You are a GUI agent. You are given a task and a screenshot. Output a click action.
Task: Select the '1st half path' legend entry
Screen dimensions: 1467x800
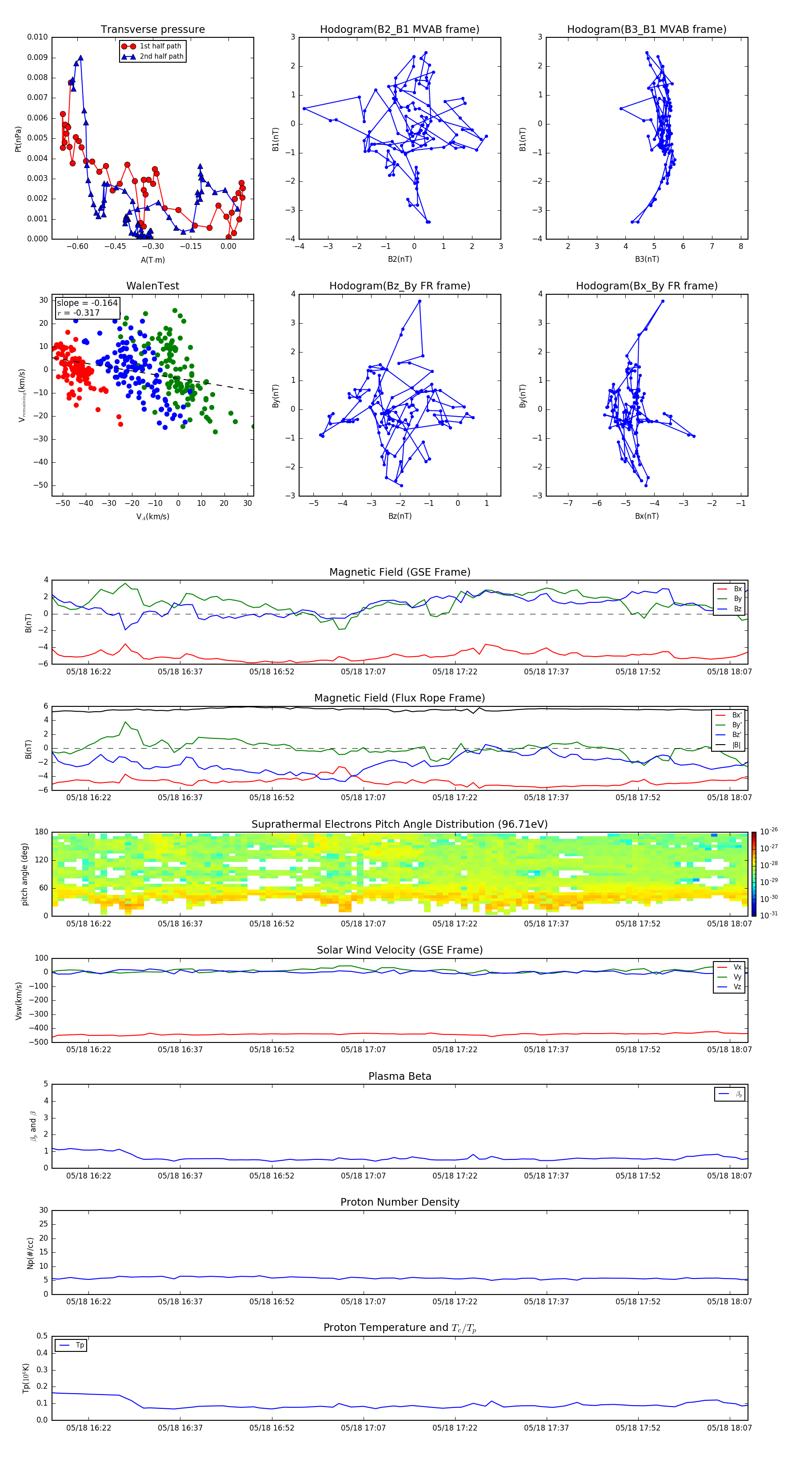pos(160,46)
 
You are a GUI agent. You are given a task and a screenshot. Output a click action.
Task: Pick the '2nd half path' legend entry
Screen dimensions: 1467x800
pos(161,56)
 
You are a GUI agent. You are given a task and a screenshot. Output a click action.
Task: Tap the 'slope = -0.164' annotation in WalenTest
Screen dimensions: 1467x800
pos(87,303)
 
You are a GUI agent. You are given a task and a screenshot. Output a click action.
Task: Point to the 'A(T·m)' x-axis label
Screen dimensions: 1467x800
pos(152,260)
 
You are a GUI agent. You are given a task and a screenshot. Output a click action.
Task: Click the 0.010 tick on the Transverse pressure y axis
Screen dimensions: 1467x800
pos(38,37)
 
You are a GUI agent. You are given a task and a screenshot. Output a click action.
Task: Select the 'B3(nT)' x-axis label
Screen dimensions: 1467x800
pos(647,259)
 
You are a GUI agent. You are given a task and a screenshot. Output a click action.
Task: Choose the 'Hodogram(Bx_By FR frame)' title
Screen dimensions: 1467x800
pos(646,286)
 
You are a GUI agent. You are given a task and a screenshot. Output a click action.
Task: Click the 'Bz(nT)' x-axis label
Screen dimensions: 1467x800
pos(399,516)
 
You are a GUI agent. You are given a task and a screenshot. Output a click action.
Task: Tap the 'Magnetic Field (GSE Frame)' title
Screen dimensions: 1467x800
pos(399,572)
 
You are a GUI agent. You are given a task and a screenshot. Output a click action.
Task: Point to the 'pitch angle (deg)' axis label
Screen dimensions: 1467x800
pos(24,874)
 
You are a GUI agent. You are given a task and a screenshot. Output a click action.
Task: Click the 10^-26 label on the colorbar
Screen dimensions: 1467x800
pos(769,831)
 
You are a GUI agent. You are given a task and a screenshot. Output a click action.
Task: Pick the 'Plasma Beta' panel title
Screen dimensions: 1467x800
pos(399,1076)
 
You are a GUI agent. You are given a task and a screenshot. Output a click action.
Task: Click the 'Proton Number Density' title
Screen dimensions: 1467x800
pos(399,1202)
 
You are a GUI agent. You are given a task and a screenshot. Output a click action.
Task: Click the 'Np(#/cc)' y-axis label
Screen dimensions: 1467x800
pos(30,1253)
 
